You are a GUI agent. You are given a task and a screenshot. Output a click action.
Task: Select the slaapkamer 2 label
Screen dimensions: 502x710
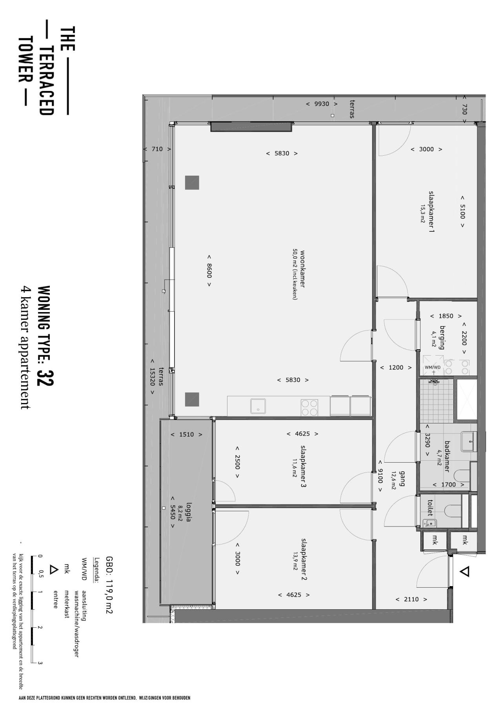point(304,559)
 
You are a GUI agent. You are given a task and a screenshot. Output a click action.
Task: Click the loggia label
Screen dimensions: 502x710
point(189,512)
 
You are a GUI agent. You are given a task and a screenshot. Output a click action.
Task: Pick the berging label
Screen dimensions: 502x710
point(442,337)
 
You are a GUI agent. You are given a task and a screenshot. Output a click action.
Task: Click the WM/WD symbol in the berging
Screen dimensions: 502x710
point(433,367)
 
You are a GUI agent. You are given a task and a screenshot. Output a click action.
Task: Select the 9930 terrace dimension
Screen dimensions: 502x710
point(322,104)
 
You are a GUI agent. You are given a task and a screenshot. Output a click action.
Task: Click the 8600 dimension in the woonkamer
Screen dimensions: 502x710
point(209,271)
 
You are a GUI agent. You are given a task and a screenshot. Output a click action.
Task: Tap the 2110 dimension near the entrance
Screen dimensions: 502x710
point(411,599)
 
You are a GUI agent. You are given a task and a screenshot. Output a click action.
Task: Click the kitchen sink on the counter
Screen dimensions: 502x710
point(258,406)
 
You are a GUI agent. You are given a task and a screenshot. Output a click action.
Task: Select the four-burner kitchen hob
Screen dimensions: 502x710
point(309,407)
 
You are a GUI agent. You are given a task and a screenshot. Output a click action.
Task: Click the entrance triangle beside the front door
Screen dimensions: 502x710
point(464,572)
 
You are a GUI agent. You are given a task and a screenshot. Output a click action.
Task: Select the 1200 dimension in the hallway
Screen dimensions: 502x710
point(396,368)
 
